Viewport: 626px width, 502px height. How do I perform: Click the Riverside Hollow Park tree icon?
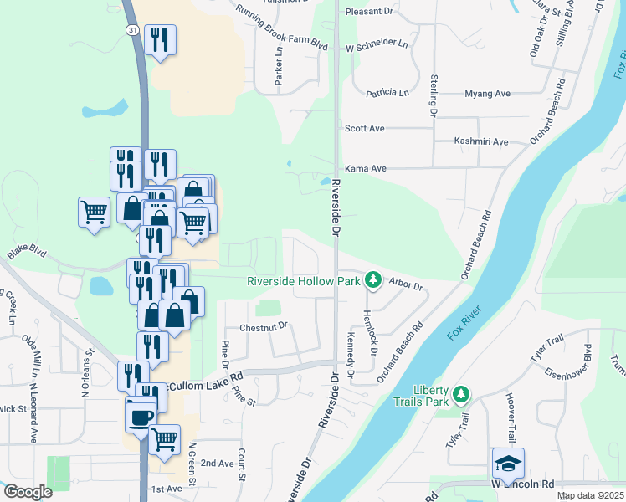(x=374, y=280)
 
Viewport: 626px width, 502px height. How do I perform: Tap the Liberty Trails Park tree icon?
(x=459, y=393)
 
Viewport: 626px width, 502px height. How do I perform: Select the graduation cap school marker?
(x=508, y=463)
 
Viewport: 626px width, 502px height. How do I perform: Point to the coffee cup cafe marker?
(x=141, y=416)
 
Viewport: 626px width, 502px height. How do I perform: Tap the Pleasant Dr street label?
(x=369, y=13)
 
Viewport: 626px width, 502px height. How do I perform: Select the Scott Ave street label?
(x=365, y=129)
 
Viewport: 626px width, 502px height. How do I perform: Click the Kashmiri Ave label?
(x=481, y=141)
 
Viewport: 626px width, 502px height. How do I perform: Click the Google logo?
(x=28, y=492)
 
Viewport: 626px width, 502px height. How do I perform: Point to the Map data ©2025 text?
(x=590, y=495)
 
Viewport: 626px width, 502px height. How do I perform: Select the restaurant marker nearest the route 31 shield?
(x=159, y=39)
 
